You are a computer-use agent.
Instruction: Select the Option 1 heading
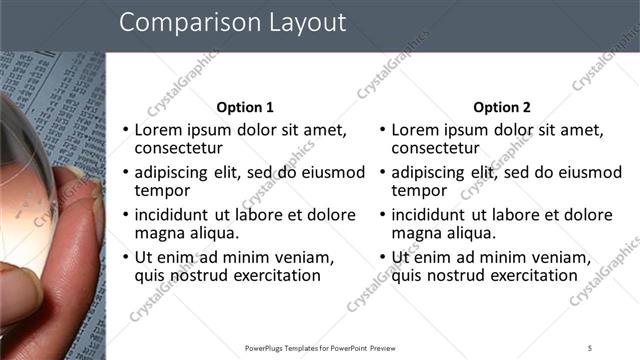(245, 107)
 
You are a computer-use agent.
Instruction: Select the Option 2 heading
(502, 107)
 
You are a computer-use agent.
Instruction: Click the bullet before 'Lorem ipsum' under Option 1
(124, 130)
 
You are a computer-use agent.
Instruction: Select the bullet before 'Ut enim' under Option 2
(381, 257)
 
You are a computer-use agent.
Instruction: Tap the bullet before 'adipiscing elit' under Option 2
(381, 172)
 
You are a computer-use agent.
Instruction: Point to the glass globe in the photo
(30, 170)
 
